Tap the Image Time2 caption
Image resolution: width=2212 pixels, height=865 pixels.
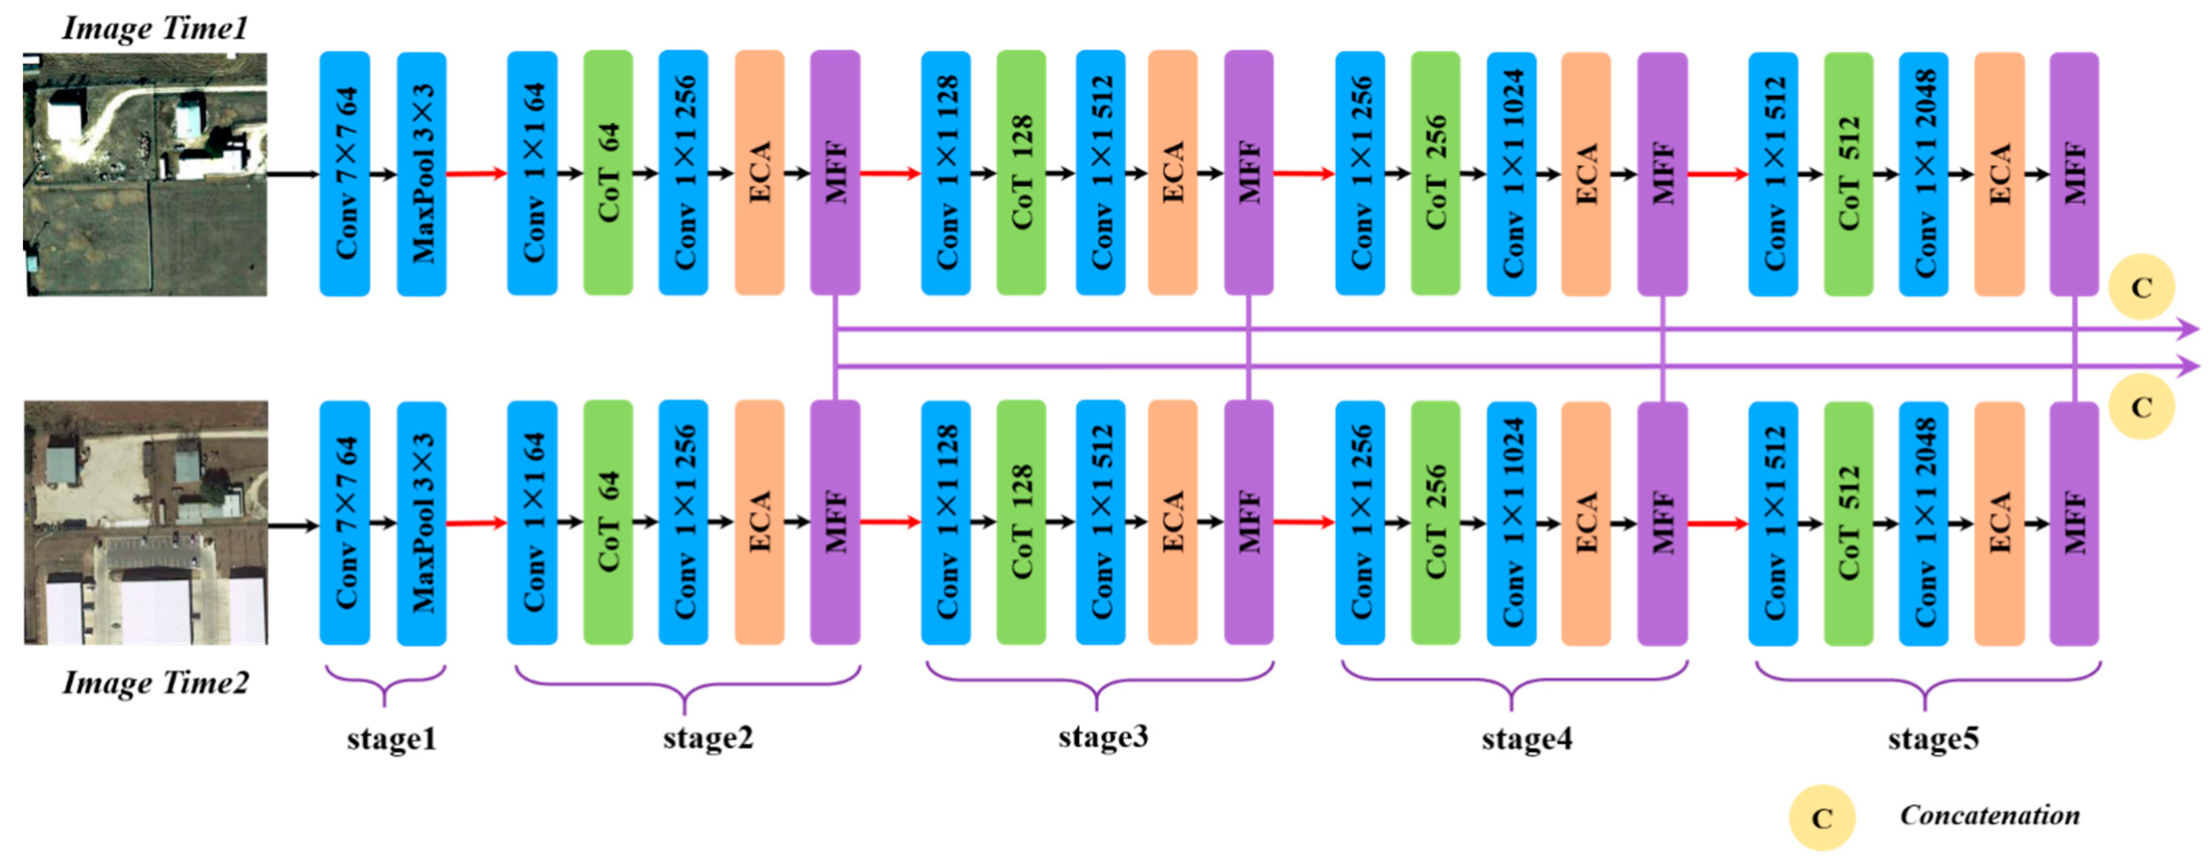(x=155, y=683)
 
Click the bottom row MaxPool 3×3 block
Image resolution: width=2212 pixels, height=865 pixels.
(x=422, y=523)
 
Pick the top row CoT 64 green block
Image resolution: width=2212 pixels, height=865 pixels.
(x=608, y=172)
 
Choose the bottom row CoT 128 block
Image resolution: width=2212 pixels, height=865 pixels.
(x=1021, y=522)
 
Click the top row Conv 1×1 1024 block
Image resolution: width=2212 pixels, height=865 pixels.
(x=1511, y=174)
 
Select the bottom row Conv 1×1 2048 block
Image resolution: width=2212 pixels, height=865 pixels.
(x=1923, y=523)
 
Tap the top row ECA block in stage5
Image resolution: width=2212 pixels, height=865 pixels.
(x=1999, y=174)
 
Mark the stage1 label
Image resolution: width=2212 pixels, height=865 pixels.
(x=391, y=739)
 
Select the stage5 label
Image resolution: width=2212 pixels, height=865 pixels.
(x=1933, y=739)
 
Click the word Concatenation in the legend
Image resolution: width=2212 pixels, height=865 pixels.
(x=1990, y=815)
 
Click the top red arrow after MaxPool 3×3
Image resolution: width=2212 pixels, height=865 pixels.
(x=477, y=174)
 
